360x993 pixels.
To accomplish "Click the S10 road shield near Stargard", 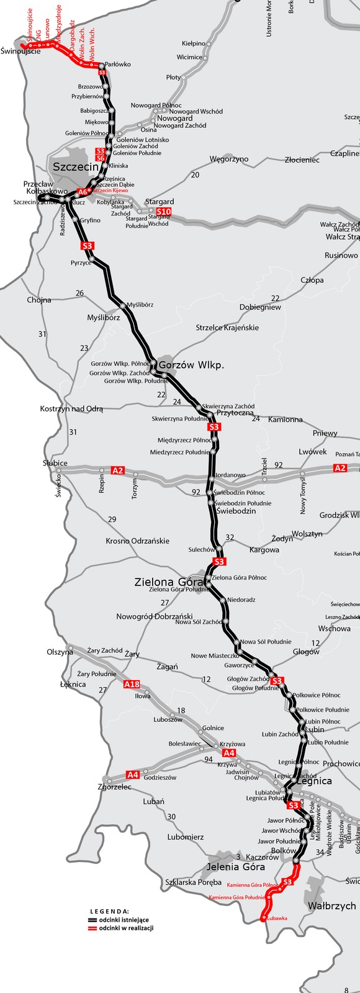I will [163, 212].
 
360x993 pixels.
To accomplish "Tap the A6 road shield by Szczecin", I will [83, 192].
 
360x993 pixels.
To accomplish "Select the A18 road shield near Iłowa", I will [132, 685].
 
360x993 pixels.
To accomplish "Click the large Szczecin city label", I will [76, 167].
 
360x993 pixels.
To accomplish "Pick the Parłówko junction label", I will [117, 64].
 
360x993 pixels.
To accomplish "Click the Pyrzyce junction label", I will [81, 263].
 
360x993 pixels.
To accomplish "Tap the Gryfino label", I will [90, 220].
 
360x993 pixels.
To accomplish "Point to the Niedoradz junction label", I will [241, 600].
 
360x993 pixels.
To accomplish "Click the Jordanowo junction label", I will [230, 475].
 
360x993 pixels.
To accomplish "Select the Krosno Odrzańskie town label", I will [137, 541].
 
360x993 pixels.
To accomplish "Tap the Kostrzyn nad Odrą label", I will [71, 409].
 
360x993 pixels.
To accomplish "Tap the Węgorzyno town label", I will [228, 160].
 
